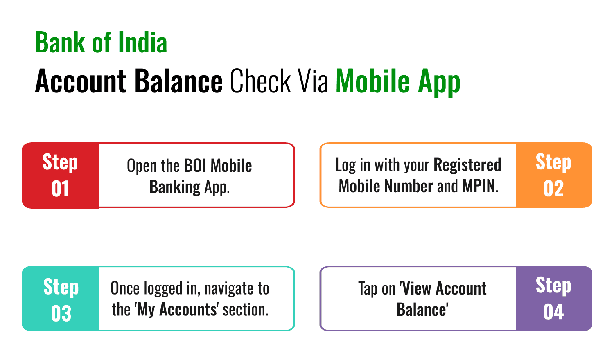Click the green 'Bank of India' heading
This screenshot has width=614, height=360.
pyautogui.click(x=101, y=43)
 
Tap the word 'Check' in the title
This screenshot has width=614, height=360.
pyautogui.click(x=260, y=81)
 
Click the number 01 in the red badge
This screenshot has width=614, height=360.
pyautogui.click(x=60, y=189)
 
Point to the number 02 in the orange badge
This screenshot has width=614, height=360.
pyautogui.click(x=553, y=189)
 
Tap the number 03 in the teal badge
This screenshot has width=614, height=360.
pyautogui.click(x=61, y=314)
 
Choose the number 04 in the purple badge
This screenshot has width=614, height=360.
pyautogui.click(x=553, y=312)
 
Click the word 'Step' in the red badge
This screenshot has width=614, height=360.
pyautogui.click(x=60, y=162)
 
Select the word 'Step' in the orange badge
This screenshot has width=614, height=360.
pyautogui.click(x=553, y=162)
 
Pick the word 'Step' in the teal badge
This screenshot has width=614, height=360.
pyautogui.click(x=61, y=287)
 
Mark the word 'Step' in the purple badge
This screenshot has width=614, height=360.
pyautogui.click(x=553, y=286)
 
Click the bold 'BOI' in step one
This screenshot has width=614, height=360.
pyautogui.click(x=195, y=166)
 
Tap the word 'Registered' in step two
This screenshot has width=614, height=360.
pyautogui.click(x=467, y=165)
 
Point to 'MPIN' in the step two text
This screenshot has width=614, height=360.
pyautogui.click(x=479, y=187)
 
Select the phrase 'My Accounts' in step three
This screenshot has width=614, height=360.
pyautogui.click(x=177, y=310)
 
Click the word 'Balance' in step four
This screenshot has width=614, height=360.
pyautogui.click(x=422, y=310)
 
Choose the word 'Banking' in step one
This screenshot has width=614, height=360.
pyautogui.click(x=175, y=187)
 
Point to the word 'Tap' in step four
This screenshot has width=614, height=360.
pyautogui.click(x=368, y=289)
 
